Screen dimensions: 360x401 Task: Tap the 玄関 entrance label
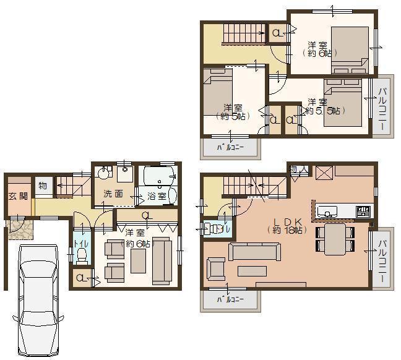[18, 196]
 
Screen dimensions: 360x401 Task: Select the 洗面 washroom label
[113, 194]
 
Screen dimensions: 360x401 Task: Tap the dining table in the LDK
[335, 238]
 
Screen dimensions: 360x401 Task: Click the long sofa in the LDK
[253, 251]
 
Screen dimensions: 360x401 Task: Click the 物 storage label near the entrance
[43, 185]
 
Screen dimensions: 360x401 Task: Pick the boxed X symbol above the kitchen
[324, 172]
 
